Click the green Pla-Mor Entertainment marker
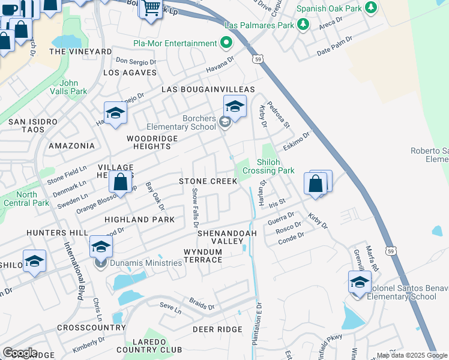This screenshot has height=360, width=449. click(x=226, y=43)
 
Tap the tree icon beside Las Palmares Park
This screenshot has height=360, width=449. click(x=304, y=25)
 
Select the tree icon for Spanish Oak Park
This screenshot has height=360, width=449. click(x=372, y=7)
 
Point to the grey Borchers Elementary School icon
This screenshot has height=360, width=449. click(x=225, y=122)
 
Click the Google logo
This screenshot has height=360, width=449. click(x=20, y=353)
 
